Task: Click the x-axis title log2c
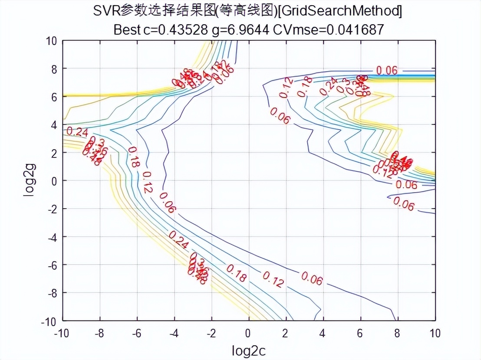[249, 350]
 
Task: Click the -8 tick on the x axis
[100, 333]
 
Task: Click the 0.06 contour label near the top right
[386, 70]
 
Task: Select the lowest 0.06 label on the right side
[403, 204]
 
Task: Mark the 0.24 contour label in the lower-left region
[178, 240]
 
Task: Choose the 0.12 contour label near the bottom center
[273, 280]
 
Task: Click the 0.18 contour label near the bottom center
[236, 274]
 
